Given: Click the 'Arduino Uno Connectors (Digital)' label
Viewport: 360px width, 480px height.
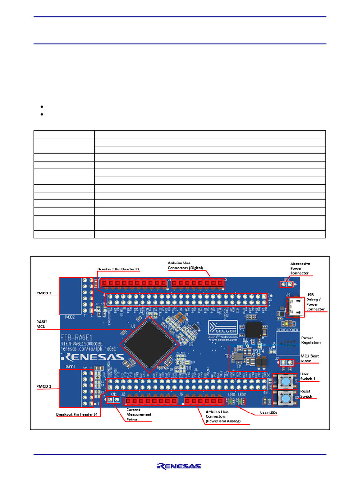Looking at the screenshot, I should (x=186, y=265).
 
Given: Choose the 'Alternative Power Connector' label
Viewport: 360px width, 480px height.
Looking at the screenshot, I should (x=300, y=268).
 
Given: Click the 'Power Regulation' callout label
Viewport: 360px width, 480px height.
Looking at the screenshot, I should (x=311, y=340).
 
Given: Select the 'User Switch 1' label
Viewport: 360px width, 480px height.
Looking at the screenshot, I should (x=308, y=376).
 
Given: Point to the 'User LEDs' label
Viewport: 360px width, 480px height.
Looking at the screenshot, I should (x=269, y=413).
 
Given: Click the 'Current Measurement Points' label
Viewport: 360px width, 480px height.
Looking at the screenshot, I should (x=139, y=414).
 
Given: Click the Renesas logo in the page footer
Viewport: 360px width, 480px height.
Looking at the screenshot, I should (x=180, y=466).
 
